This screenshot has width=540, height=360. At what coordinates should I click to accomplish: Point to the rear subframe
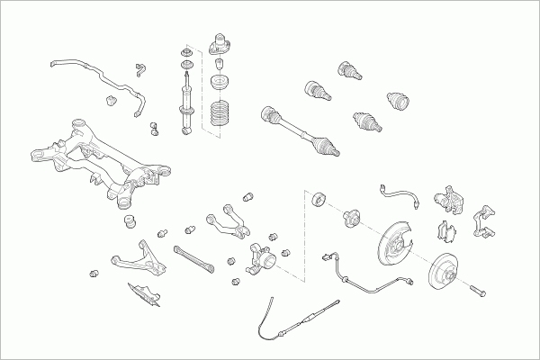(x=99, y=162)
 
